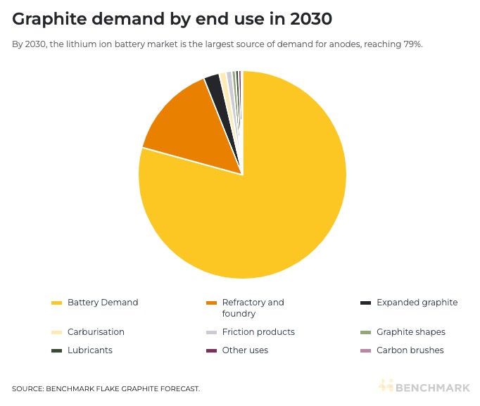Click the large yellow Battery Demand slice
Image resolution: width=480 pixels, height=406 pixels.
[267, 204]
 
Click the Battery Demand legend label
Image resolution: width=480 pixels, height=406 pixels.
[103, 303]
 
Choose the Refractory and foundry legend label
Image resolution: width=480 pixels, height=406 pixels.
[253, 307]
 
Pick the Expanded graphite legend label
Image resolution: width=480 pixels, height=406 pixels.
[417, 303]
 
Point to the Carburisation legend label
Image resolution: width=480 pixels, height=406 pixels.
[96, 331]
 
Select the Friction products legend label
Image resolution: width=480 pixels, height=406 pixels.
[258, 331]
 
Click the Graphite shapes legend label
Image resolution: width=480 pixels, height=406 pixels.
[411, 331]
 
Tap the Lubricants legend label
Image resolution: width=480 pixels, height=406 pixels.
[90, 350]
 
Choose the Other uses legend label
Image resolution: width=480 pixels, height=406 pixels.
[245, 350]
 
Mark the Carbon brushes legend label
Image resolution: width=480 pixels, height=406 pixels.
[410, 350]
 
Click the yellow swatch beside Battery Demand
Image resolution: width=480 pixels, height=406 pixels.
[57, 303]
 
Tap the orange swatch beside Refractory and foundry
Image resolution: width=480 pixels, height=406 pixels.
[210, 303]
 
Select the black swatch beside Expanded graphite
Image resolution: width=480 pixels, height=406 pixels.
[365, 303]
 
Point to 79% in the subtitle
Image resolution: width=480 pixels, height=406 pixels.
[413, 44]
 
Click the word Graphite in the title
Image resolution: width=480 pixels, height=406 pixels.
[48, 19]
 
